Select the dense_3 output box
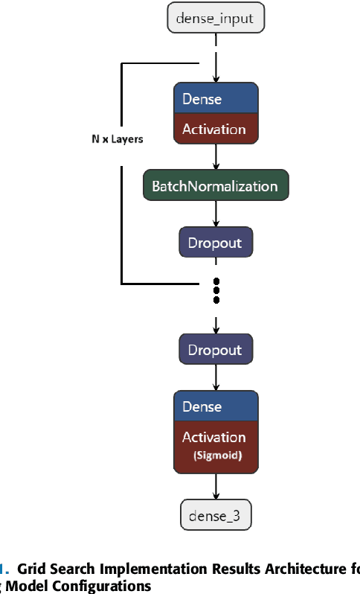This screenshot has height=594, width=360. tap(216, 514)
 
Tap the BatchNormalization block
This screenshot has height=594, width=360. tap(216, 186)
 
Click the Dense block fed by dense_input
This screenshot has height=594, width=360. tap(216, 99)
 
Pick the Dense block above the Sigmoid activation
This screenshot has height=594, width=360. tap(216, 406)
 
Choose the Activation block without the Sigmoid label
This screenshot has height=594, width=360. tap(216, 129)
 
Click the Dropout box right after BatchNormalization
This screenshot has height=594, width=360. tap(216, 242)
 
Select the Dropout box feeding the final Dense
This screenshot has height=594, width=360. tap(216, 350)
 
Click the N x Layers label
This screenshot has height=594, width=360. tap(112, 139)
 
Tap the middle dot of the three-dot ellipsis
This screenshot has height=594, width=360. tap(216, 290)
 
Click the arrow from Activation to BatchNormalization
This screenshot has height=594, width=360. tap(216, 156)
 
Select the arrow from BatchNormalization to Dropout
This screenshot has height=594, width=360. tap(216, 214)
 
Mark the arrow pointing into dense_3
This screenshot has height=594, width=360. tap(216, 487)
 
